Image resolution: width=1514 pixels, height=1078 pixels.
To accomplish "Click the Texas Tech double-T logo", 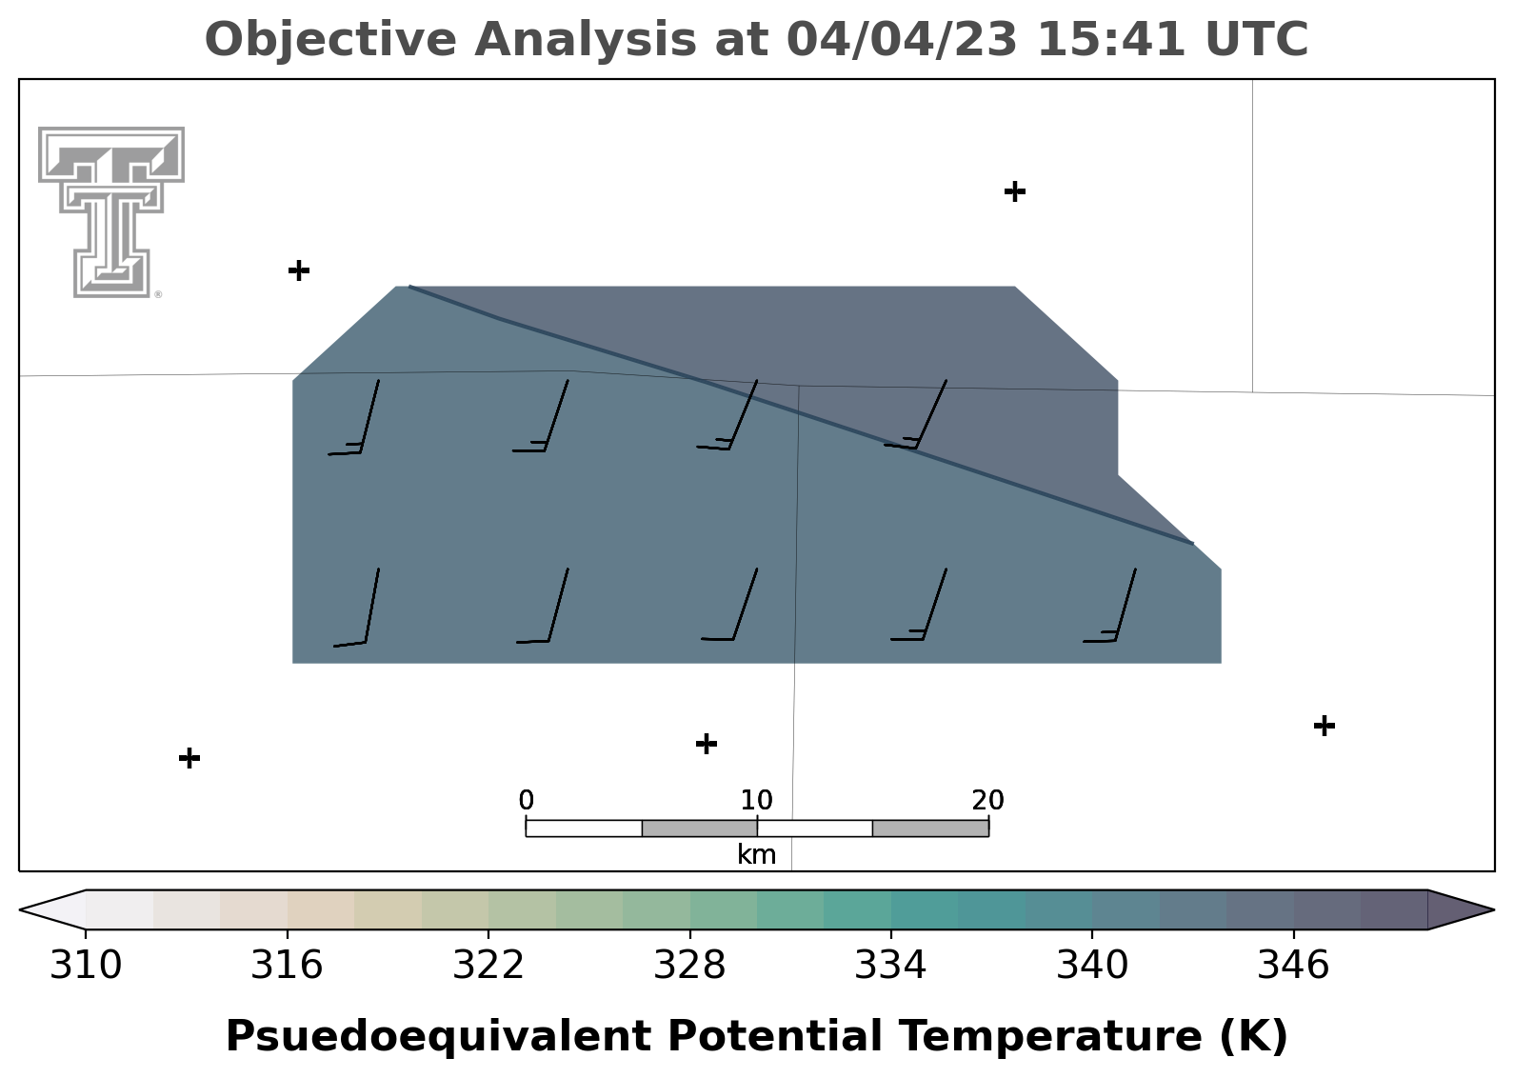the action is tap(111, 211).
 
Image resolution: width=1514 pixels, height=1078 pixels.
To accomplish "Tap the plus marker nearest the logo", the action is tap(299, 271).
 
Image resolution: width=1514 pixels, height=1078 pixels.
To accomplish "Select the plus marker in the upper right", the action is tap(1014, 192).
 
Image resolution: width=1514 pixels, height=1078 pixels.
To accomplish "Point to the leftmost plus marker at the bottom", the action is tap(189, 758).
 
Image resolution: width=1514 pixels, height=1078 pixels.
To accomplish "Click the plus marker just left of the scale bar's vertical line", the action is tap(707, 744).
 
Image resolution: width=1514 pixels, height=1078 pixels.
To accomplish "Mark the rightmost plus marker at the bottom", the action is tap(1325, 726).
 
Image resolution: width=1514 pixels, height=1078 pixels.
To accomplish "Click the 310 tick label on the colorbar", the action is tap(86, 965).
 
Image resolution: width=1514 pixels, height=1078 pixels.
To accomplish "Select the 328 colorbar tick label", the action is tap(689, 965).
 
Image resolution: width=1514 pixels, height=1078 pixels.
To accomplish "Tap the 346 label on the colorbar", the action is tap(1293, 965).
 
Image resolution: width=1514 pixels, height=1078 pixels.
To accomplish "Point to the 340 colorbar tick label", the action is tap(1092, 965).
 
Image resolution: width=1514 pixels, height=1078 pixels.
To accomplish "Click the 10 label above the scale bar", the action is tap(756, 801).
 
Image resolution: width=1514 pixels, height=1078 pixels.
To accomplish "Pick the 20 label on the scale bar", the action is tap(988, 801).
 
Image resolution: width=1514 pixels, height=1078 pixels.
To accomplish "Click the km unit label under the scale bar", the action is tap(756, 855).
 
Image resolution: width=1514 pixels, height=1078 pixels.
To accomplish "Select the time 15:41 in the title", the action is tap(1110, 39).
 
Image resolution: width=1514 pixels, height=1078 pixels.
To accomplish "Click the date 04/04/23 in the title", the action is tap(902, 39).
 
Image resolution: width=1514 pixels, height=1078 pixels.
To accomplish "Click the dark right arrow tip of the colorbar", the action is tap(1492, 909).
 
